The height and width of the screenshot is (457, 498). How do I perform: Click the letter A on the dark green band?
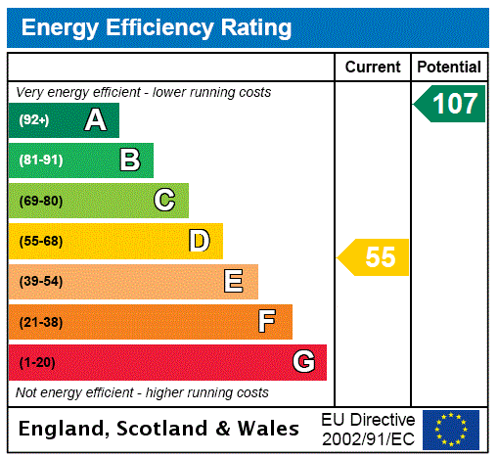coord(95,120)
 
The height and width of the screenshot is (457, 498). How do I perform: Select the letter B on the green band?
coord(129,160)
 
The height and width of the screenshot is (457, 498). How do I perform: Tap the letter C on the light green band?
coord(164,201)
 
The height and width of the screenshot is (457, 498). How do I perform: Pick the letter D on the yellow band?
coord(199,241)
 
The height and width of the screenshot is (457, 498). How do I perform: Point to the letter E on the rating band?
coord(234,282)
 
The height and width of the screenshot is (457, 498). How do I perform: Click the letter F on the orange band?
coord(267,322)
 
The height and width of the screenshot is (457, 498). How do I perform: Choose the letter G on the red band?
coord(303,362)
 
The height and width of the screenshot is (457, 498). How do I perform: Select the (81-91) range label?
coord(40,160)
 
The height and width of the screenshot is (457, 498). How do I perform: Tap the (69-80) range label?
coord(40,202)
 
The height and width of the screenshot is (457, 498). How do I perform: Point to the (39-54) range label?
coord(40,282)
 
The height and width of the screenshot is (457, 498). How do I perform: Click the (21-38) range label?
coord(40,322)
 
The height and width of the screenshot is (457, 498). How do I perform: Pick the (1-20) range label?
coord(37,363)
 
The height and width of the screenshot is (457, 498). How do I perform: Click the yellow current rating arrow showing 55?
coord(375,257)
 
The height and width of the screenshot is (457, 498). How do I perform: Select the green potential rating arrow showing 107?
coord(450,104)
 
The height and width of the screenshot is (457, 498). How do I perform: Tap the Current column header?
coord(373,68)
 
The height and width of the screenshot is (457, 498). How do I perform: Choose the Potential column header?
coord(449,68)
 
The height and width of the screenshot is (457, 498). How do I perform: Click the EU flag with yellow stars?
coord(451,429)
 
